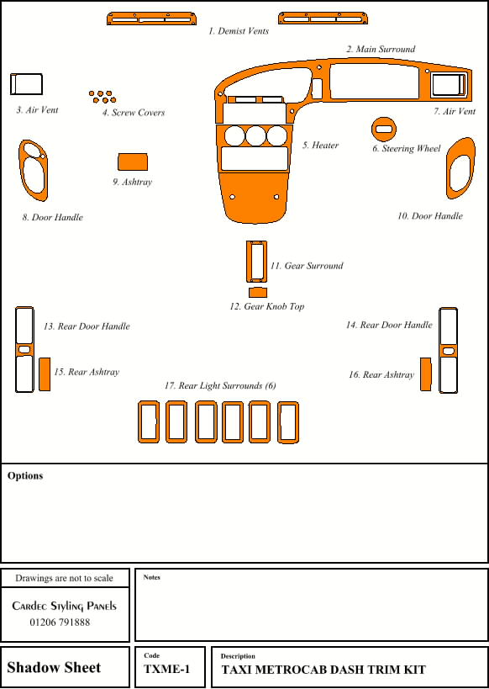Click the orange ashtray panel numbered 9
point(133,162)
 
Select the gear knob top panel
point(258,292)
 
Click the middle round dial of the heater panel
point(256,135)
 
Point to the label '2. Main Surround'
point(381,49)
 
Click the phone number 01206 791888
point(60,623)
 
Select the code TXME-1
point(167,669)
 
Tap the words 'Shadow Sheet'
point(54,667)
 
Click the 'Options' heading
point(25,475)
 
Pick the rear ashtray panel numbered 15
point(45,374)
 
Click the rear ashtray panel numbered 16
point(426,374)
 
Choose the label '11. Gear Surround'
point(307,266)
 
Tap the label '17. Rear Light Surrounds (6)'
point(220,386)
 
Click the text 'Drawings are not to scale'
point(64,578)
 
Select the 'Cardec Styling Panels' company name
point(65,606)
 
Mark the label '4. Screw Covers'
point(134,113)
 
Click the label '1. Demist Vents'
point(239,31)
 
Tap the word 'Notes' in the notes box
point(151,577)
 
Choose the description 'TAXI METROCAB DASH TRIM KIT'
point(323,670)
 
